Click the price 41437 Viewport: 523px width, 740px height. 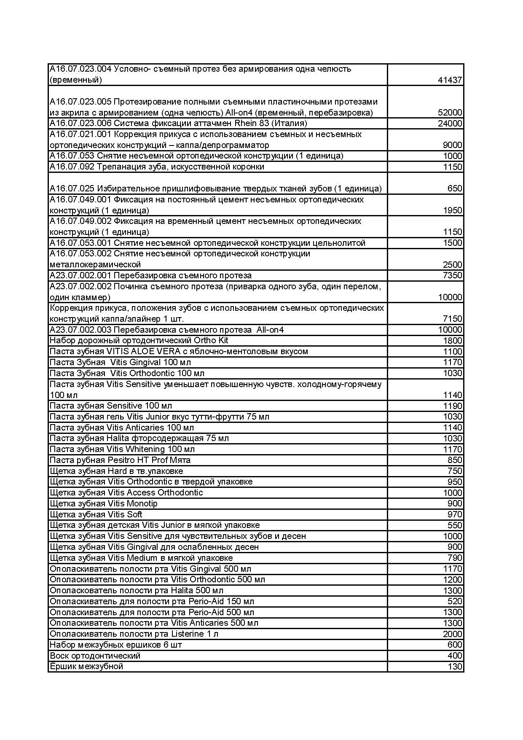click(x=450, y=80)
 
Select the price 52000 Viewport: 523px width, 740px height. click(x=450, y=113)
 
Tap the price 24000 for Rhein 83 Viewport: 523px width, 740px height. click(x=450, y=124)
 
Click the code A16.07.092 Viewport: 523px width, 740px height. click(x=72, y=167)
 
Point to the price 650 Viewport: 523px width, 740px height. click(x=455, y=188)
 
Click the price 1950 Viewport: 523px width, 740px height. click(x=452, y=210)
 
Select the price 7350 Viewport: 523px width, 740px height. click(x=452, y=275)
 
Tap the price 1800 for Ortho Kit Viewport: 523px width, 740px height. click(x=452, y=341)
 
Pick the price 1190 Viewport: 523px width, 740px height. click(x=452, y=406)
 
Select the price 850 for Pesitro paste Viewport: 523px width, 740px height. click(x=455, y=460)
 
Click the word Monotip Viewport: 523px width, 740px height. click(x=142, y=503)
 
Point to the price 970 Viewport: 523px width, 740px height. click(x=455, y=514)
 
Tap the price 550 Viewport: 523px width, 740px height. click(x=455, y=525)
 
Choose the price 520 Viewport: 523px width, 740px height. click(x=455, y=601)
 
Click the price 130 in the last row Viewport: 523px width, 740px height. click(x=455, y=667)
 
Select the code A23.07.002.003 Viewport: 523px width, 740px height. click(x=80, y=330)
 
